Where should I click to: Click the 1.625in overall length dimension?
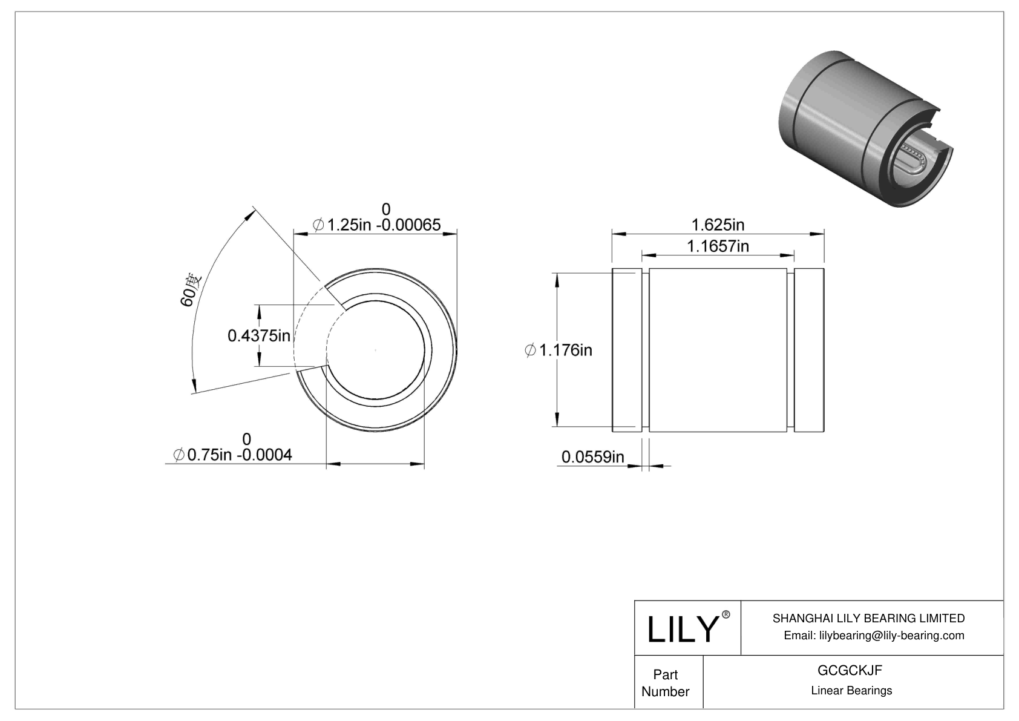pos(718,225)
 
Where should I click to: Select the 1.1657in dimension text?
pos(718,246)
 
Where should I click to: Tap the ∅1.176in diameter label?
pos(558,350)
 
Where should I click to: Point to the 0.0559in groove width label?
pos(592,457)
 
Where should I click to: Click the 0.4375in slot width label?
pos(259,335)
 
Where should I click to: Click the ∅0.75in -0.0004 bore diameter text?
pos(233,455)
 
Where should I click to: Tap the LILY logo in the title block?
pos(682,629)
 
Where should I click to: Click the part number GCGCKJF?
pos(850,670)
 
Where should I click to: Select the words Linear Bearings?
pos(851,691)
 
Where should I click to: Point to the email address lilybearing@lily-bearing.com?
pos(874,636)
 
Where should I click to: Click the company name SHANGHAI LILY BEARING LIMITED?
pos(868,618)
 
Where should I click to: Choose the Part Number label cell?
pos(666,683)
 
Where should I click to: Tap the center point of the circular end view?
pos(376,351)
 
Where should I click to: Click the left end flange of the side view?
pos(626,350)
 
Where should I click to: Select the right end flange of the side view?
pos(809,350)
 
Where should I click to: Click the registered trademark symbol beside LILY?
pos(726,615)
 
